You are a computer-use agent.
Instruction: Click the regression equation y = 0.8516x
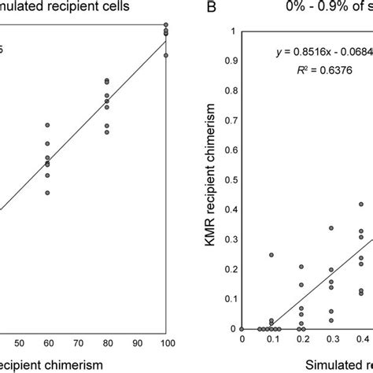pyautogui.click(x=318, y=52)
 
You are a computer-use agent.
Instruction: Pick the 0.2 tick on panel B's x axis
pyautogui.click(x=301, y=339)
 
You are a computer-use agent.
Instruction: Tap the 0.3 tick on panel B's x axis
pyautogui.click(x=331, y=339)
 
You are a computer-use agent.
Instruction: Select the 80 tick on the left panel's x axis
pyautogui.click(x=106, y=343)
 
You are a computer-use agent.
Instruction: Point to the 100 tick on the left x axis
pyautogui.click(x=165, y=343)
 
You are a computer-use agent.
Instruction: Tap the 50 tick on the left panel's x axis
pyautogui.click(x=18, y=343)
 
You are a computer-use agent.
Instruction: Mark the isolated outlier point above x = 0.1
pyautogui.click(x=271, y=255)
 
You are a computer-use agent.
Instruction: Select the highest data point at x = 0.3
pyautogui.click(x=331, y=228)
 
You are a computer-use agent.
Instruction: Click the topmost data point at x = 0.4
pyautogui.click(x=361, y=204)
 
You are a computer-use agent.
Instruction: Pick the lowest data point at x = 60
pyautogui.click(x=47, y=193)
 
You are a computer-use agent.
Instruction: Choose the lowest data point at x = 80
pyautogui.click(x=106, y=132)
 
